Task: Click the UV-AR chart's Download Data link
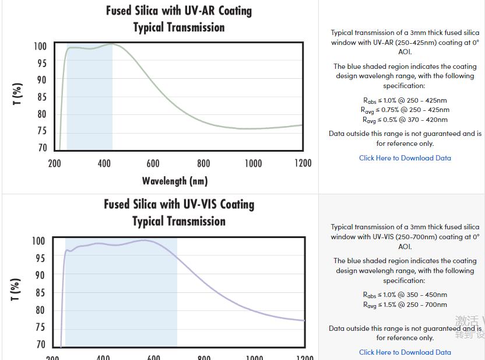[405, 158]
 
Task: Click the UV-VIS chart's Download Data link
[405, 352]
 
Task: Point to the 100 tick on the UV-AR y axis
[40, 47]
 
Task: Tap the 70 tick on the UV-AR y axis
[42, 148]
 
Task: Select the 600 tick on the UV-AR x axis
[153, 163]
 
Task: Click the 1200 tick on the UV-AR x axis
[302, 163]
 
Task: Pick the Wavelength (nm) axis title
[174, 181]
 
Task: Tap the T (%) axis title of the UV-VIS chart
[16, 289]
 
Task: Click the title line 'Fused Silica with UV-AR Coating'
[178, 11]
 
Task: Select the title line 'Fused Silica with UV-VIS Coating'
[178, 205]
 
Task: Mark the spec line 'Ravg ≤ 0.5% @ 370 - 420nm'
[405, 120]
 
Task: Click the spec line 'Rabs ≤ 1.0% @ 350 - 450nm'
[405, 295]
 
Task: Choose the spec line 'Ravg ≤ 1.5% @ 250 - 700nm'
[405, 305]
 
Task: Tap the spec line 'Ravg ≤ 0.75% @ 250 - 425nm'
[405, 110]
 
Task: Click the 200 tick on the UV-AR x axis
[54, 163]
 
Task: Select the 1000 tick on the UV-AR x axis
[252, 163]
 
